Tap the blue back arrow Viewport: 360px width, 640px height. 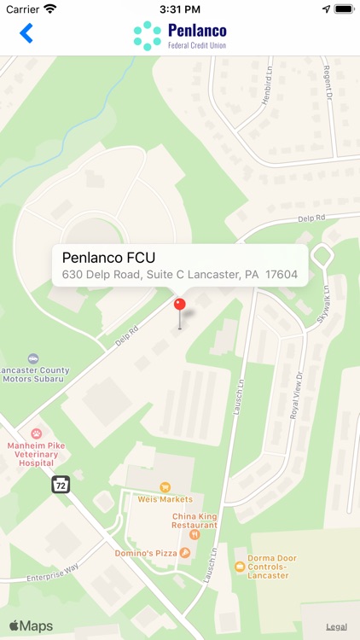(26, 33)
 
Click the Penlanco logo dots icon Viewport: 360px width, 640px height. (147, 35)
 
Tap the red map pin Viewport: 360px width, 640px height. (179, 305)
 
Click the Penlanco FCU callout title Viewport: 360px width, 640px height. (108, 257)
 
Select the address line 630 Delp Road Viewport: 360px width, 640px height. (179, 276)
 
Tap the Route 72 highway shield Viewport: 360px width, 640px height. (60, 483)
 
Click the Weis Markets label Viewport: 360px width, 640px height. (165, 499)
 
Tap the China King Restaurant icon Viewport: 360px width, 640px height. (195, 534)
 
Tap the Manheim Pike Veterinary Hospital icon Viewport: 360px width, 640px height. (37, 433)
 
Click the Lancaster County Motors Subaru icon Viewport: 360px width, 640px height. (33, 358)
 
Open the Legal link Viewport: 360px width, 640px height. (336, 626)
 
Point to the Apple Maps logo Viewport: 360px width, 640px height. (31, 626)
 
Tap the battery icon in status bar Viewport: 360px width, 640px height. (344, 9)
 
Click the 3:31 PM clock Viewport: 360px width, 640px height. (179, 9)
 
